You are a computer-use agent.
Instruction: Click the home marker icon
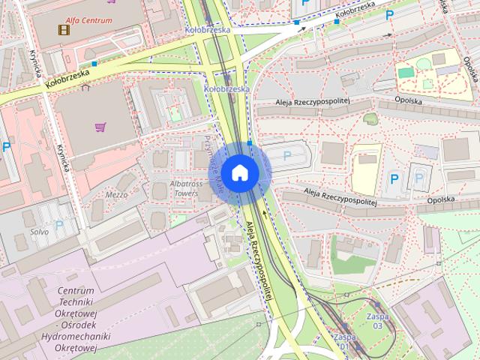click(x=239, y=172)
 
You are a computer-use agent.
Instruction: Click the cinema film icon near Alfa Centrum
click(x=64, y=30)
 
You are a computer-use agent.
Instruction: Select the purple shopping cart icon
click(x=100, y=126)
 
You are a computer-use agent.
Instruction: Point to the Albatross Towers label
click(x=186, y=187)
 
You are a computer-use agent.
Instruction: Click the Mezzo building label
click(x=115, y=194)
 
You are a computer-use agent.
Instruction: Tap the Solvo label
click(x=40, y=232)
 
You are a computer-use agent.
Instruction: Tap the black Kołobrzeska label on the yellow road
click(x=67, y=78)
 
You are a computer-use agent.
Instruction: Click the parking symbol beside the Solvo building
click(x=59, y=225)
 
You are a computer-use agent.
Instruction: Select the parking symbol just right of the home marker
click(x=287, y=155)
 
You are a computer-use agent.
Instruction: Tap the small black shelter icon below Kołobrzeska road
click(x=85, y=87)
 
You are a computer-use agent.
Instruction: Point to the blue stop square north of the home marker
click(x=249, y=142)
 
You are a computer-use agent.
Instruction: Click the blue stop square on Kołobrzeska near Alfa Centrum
click(x=94, y=64)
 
